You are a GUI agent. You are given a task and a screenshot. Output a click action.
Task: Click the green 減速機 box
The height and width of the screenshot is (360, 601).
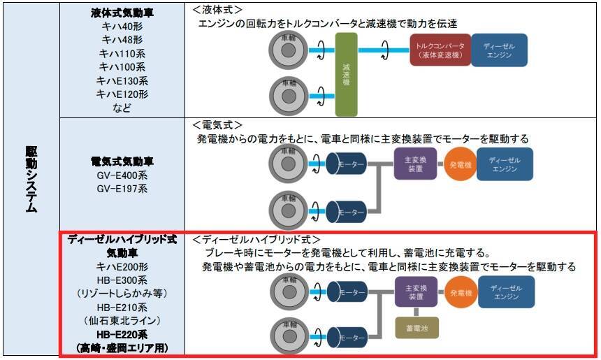346,74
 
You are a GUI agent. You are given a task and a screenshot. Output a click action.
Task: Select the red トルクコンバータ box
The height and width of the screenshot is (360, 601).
440,50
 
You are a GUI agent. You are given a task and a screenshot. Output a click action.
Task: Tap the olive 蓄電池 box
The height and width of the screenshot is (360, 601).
417,328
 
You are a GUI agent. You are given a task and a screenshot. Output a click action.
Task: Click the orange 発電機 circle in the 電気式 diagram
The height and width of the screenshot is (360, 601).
461,165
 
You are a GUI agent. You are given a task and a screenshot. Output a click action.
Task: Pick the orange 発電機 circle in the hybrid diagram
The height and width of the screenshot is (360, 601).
461,293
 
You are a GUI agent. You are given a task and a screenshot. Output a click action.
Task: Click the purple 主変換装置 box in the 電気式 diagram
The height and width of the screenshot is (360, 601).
416,164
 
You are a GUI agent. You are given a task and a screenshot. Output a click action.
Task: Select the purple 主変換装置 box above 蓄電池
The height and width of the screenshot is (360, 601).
417,292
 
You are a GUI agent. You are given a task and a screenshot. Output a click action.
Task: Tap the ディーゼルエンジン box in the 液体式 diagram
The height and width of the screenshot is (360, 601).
500,50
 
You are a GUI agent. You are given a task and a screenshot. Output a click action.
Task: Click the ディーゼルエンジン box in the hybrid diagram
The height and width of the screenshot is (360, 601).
507,292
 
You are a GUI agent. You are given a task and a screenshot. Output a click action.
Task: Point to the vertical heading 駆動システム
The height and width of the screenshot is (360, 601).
31,179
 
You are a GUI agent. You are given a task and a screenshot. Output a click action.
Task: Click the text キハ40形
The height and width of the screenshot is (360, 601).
122,27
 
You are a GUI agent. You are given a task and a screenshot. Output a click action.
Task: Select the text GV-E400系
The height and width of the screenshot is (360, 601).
122,175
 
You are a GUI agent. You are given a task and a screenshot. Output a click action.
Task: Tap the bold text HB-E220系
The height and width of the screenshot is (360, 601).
122,335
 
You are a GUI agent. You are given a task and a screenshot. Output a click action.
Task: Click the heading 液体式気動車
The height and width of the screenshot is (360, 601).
122,13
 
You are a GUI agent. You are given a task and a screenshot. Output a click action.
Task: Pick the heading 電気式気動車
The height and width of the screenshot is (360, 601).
122,161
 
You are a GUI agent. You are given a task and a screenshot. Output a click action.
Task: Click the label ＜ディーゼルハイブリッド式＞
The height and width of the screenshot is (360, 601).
256,240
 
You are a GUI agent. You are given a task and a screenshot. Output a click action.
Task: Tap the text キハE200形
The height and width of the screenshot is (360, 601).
122,267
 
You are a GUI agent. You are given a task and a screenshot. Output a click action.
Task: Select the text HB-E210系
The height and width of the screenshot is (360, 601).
122,308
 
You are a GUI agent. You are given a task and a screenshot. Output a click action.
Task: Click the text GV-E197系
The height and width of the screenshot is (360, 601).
122,189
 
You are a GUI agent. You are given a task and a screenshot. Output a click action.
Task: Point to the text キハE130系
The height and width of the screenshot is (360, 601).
122,81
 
